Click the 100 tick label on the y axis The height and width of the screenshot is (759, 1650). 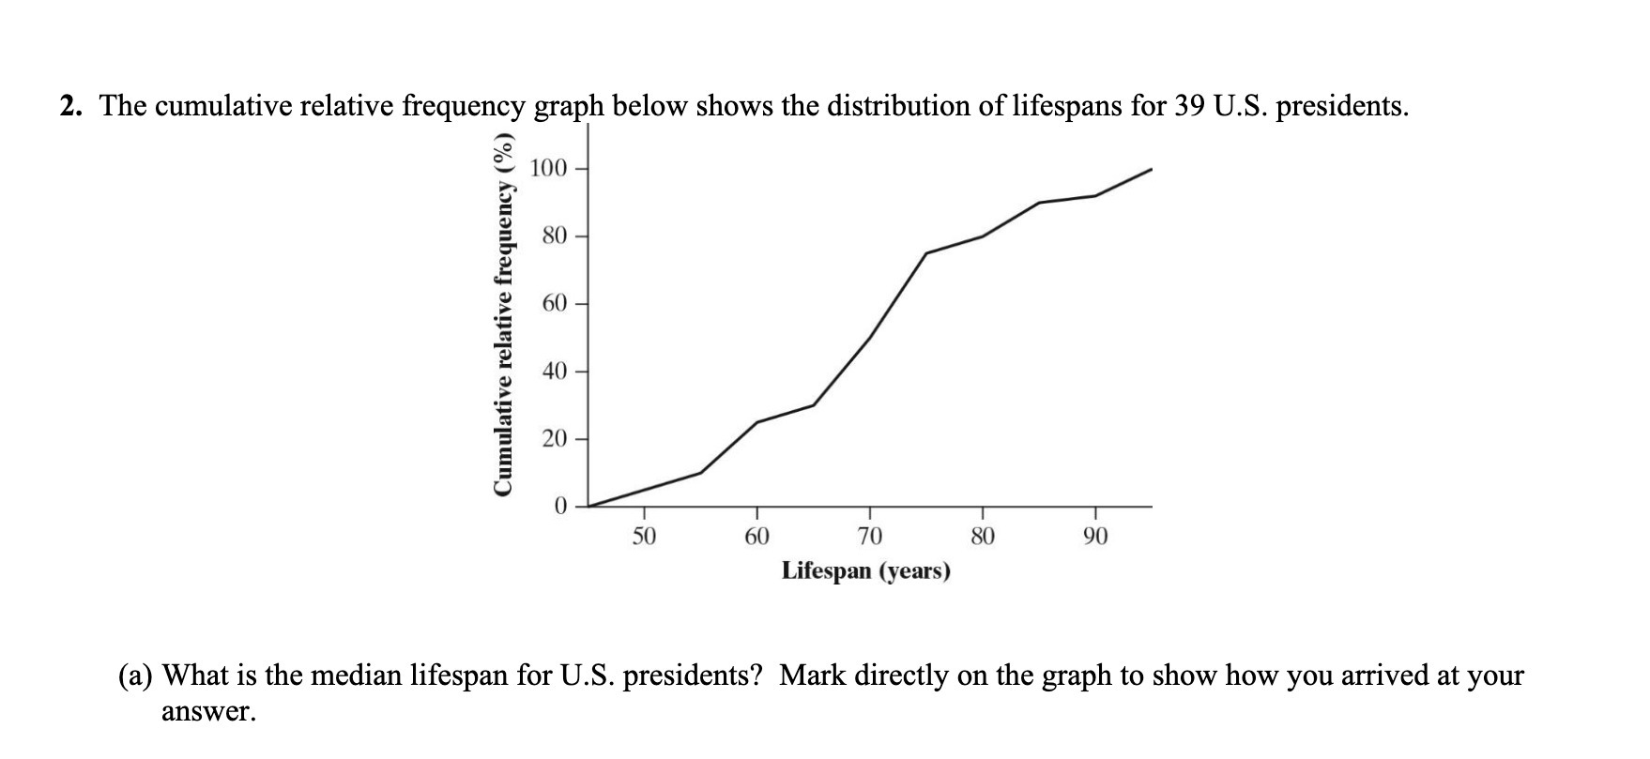click(548, 169)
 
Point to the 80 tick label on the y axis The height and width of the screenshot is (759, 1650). click(554, 235)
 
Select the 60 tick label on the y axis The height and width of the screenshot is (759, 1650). click(554, 304)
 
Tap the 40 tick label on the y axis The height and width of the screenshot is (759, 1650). click(554, 372)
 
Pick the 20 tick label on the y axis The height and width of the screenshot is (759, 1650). click(554, 439)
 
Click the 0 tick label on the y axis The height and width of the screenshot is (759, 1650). click(560, 507)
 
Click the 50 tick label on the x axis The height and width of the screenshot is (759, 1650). click(643, 536)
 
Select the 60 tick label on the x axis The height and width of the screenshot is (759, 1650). click(756, 536)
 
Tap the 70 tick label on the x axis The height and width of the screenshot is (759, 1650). click(869, 536)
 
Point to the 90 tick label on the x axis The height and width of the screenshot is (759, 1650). click(1095, 536)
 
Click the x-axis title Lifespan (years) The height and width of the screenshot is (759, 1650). click(865, 570)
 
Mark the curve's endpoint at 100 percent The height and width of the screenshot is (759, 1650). click(1152, 169)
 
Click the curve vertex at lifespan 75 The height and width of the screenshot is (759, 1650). click(926, 253)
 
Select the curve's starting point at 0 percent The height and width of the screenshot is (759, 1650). click(588, 507)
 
